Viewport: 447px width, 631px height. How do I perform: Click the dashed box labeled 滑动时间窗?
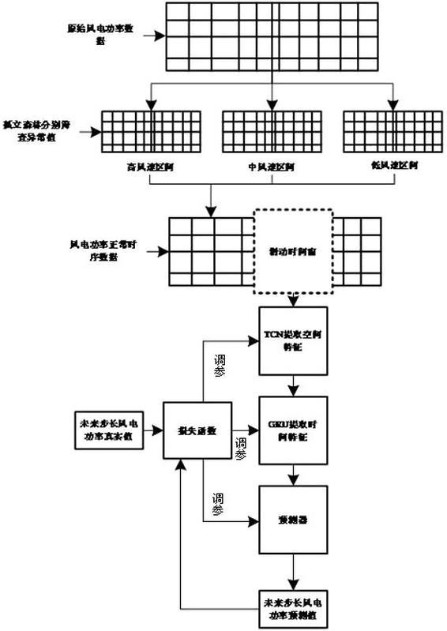tap(293, 250)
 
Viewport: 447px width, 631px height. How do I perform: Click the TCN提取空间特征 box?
tap(293, 341)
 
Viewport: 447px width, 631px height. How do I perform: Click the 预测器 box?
tap(293, 520)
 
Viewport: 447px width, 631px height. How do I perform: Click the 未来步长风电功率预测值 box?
tap(293, 608)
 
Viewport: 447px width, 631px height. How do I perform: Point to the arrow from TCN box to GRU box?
tap(294, 385)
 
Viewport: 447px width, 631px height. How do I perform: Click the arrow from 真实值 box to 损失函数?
tap(154, 430)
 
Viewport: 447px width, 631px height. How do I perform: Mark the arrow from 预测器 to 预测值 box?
tap(294, 569)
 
